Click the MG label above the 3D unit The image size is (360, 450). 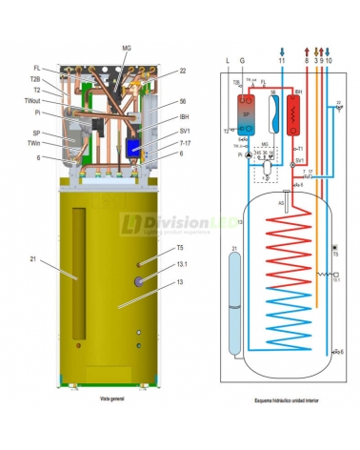coord(127,48)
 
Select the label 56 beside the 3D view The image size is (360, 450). coord(182,102)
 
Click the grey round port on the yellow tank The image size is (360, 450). coord(140,280)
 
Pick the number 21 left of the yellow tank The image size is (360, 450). coord(32,259)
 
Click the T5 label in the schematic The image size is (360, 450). coord(336,255)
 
